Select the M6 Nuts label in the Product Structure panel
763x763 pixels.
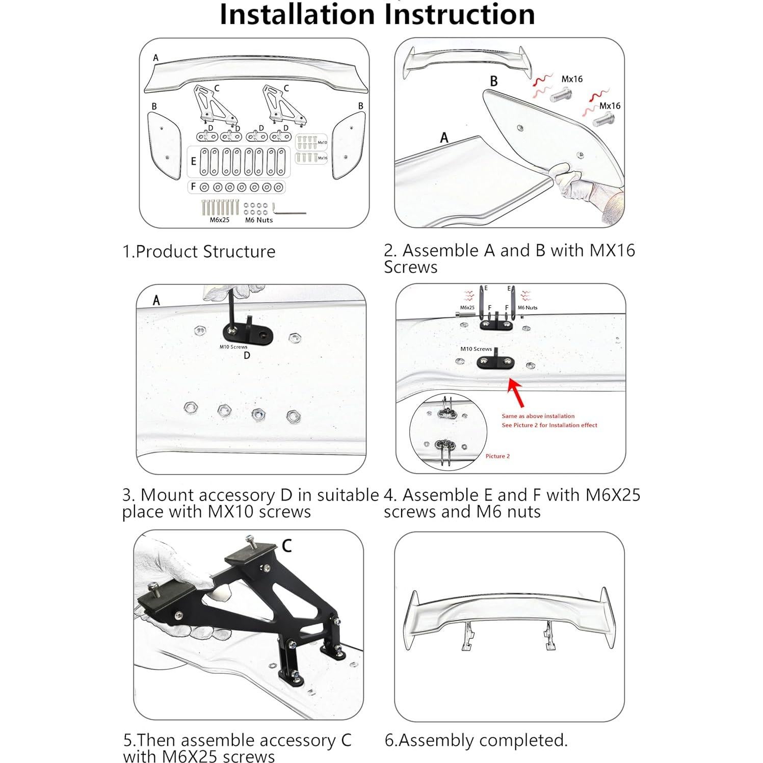(258, 220)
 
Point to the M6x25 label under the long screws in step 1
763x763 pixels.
(220, 220)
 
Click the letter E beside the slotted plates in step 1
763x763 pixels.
(193, 161)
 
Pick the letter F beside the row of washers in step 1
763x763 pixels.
(193, 187)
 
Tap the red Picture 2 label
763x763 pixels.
(497, 456)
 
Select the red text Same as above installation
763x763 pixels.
(538, 416)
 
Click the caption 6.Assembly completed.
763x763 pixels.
(476, 740)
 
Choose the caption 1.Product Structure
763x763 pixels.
(199, 251)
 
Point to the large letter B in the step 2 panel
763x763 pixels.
(493, 81)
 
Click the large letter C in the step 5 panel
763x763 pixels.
(286, 546)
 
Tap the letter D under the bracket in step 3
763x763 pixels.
(247, 355)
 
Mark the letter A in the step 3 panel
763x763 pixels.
(156, 301)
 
